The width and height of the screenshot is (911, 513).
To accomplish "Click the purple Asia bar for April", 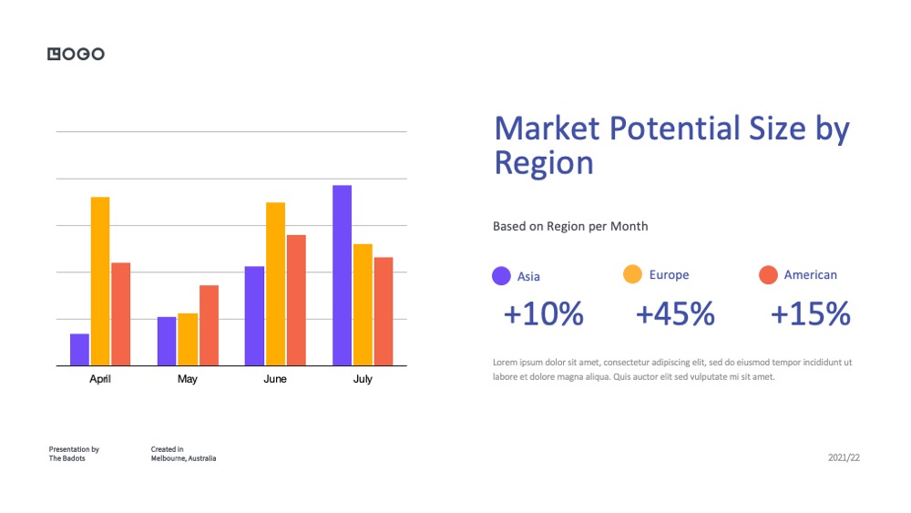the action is coord(79,350).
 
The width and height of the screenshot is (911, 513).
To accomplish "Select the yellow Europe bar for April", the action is coord(100,282).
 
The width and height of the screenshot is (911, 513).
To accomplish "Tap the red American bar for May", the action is coord(210,325).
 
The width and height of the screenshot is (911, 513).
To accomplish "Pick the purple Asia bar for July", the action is coord(343,275).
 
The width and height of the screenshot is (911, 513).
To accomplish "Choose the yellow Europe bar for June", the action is coord(275,284).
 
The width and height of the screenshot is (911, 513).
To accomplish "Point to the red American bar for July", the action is coord(384,312).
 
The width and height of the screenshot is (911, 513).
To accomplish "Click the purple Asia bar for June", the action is coord(254,316).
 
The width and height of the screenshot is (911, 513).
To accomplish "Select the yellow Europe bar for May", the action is coord(188,340).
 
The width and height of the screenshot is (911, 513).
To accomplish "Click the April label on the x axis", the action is coord(100,379).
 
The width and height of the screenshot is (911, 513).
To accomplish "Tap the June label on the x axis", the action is coord(275,379).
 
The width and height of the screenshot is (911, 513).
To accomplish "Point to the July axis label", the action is coord(363,379).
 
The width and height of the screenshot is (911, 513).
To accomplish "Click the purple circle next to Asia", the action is coord(501,276).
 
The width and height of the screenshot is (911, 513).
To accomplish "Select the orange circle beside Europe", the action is coord(633,274).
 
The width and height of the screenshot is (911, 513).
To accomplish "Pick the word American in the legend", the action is coord(811,275).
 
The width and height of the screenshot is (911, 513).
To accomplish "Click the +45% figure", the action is coord(675,313).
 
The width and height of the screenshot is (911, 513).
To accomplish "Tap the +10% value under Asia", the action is coord(543,313).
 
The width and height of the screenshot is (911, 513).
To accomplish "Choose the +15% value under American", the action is coord(811,313).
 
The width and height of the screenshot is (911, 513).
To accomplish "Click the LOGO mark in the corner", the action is coord(77,54).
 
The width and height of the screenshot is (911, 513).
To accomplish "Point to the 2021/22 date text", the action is coord(844,457).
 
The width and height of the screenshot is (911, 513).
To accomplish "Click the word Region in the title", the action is coord(544,163).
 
